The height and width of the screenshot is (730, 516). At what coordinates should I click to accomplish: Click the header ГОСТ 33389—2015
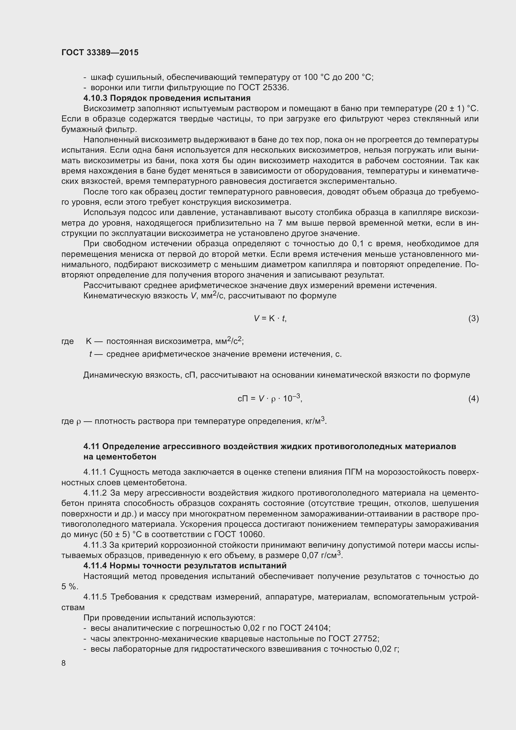pyautogui.click(x=100, y=52)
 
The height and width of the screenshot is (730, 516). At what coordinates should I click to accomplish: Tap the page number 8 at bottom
pyautogui.click(x=64, y=663)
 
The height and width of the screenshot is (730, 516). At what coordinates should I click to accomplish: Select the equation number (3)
pyautogui.click(x=473, y=318)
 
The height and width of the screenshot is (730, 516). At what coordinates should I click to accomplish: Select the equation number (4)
pyautogui.click(x=473, y=398)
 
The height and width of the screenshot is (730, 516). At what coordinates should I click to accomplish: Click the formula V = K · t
pyautogui.click(x=270, y=318)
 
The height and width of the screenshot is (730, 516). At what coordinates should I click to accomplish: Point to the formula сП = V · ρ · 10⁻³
pyautogui.click(x=270, y=398)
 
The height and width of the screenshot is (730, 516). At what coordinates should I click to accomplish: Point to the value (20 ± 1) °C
pyautogui.click(x=456, y=108)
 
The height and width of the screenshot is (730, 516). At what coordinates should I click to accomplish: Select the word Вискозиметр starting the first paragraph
pyautogui.click(x=109, y=108)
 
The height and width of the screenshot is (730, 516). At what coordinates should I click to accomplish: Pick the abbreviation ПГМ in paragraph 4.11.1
pyautogui.click(x=353, y=472)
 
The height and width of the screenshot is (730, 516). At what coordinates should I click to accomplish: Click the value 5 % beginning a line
pyautogui.click(x=69, y=587)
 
